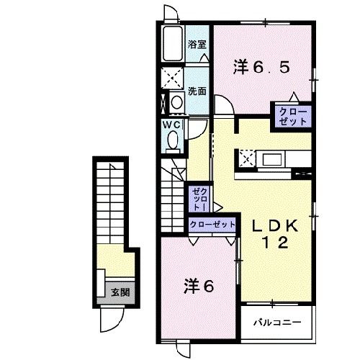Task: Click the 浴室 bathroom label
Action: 197,45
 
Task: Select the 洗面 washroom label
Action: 197,91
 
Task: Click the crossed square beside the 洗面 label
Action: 173,77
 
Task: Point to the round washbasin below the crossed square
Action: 176,102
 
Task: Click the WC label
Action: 172,124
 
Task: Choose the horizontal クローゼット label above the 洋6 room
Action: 213,225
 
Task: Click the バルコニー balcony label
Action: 276,320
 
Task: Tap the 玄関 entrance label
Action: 119,292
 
